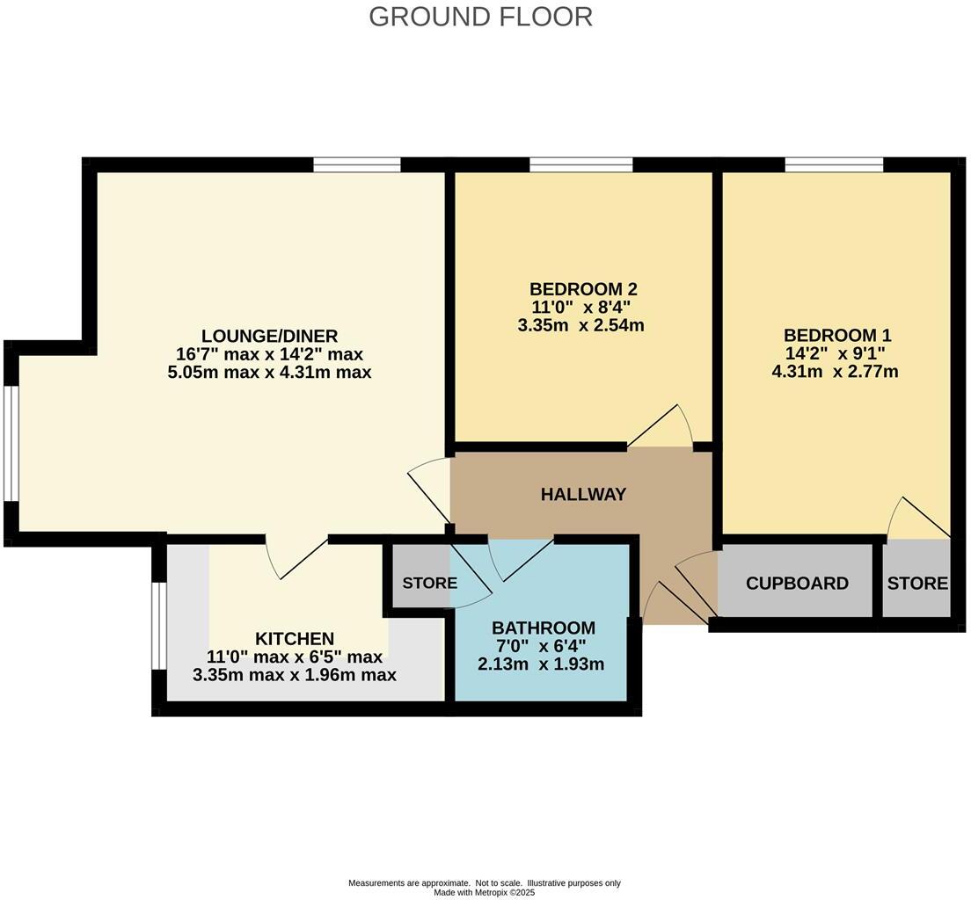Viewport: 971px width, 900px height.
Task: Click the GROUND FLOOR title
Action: (x=480, y=17)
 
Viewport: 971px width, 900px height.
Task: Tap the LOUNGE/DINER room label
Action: (x=269, y=336)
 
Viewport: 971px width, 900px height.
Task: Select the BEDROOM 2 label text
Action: (x=582, y=289)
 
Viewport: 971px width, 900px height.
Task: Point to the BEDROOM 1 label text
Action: (x=836, y=335)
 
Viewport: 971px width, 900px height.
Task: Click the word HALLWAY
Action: (x=583, y=494)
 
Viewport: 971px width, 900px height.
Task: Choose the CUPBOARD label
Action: (x=797, y=584)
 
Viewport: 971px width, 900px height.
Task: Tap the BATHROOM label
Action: (x=543, y=628)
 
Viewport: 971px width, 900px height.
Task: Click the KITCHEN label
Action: (x=295, y=638)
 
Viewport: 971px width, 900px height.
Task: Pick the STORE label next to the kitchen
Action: (x=429, y=584)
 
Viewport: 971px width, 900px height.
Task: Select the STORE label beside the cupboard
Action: (x=916, y=584)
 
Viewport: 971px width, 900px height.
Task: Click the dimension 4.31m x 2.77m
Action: (x=835, y=372)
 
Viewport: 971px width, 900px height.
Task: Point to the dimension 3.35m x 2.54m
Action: (x=581, y=325)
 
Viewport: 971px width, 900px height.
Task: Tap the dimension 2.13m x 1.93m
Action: (x=541, y=664)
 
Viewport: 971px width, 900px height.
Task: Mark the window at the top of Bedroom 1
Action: (x=834, y=164)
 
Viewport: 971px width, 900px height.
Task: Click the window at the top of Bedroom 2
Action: (x=580, y=164)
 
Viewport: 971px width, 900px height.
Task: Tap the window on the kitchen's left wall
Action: (x=158, y=626)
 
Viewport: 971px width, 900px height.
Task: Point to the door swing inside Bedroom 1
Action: (x=916, y=520)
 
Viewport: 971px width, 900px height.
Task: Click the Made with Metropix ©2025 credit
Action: (x=484, y=892)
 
